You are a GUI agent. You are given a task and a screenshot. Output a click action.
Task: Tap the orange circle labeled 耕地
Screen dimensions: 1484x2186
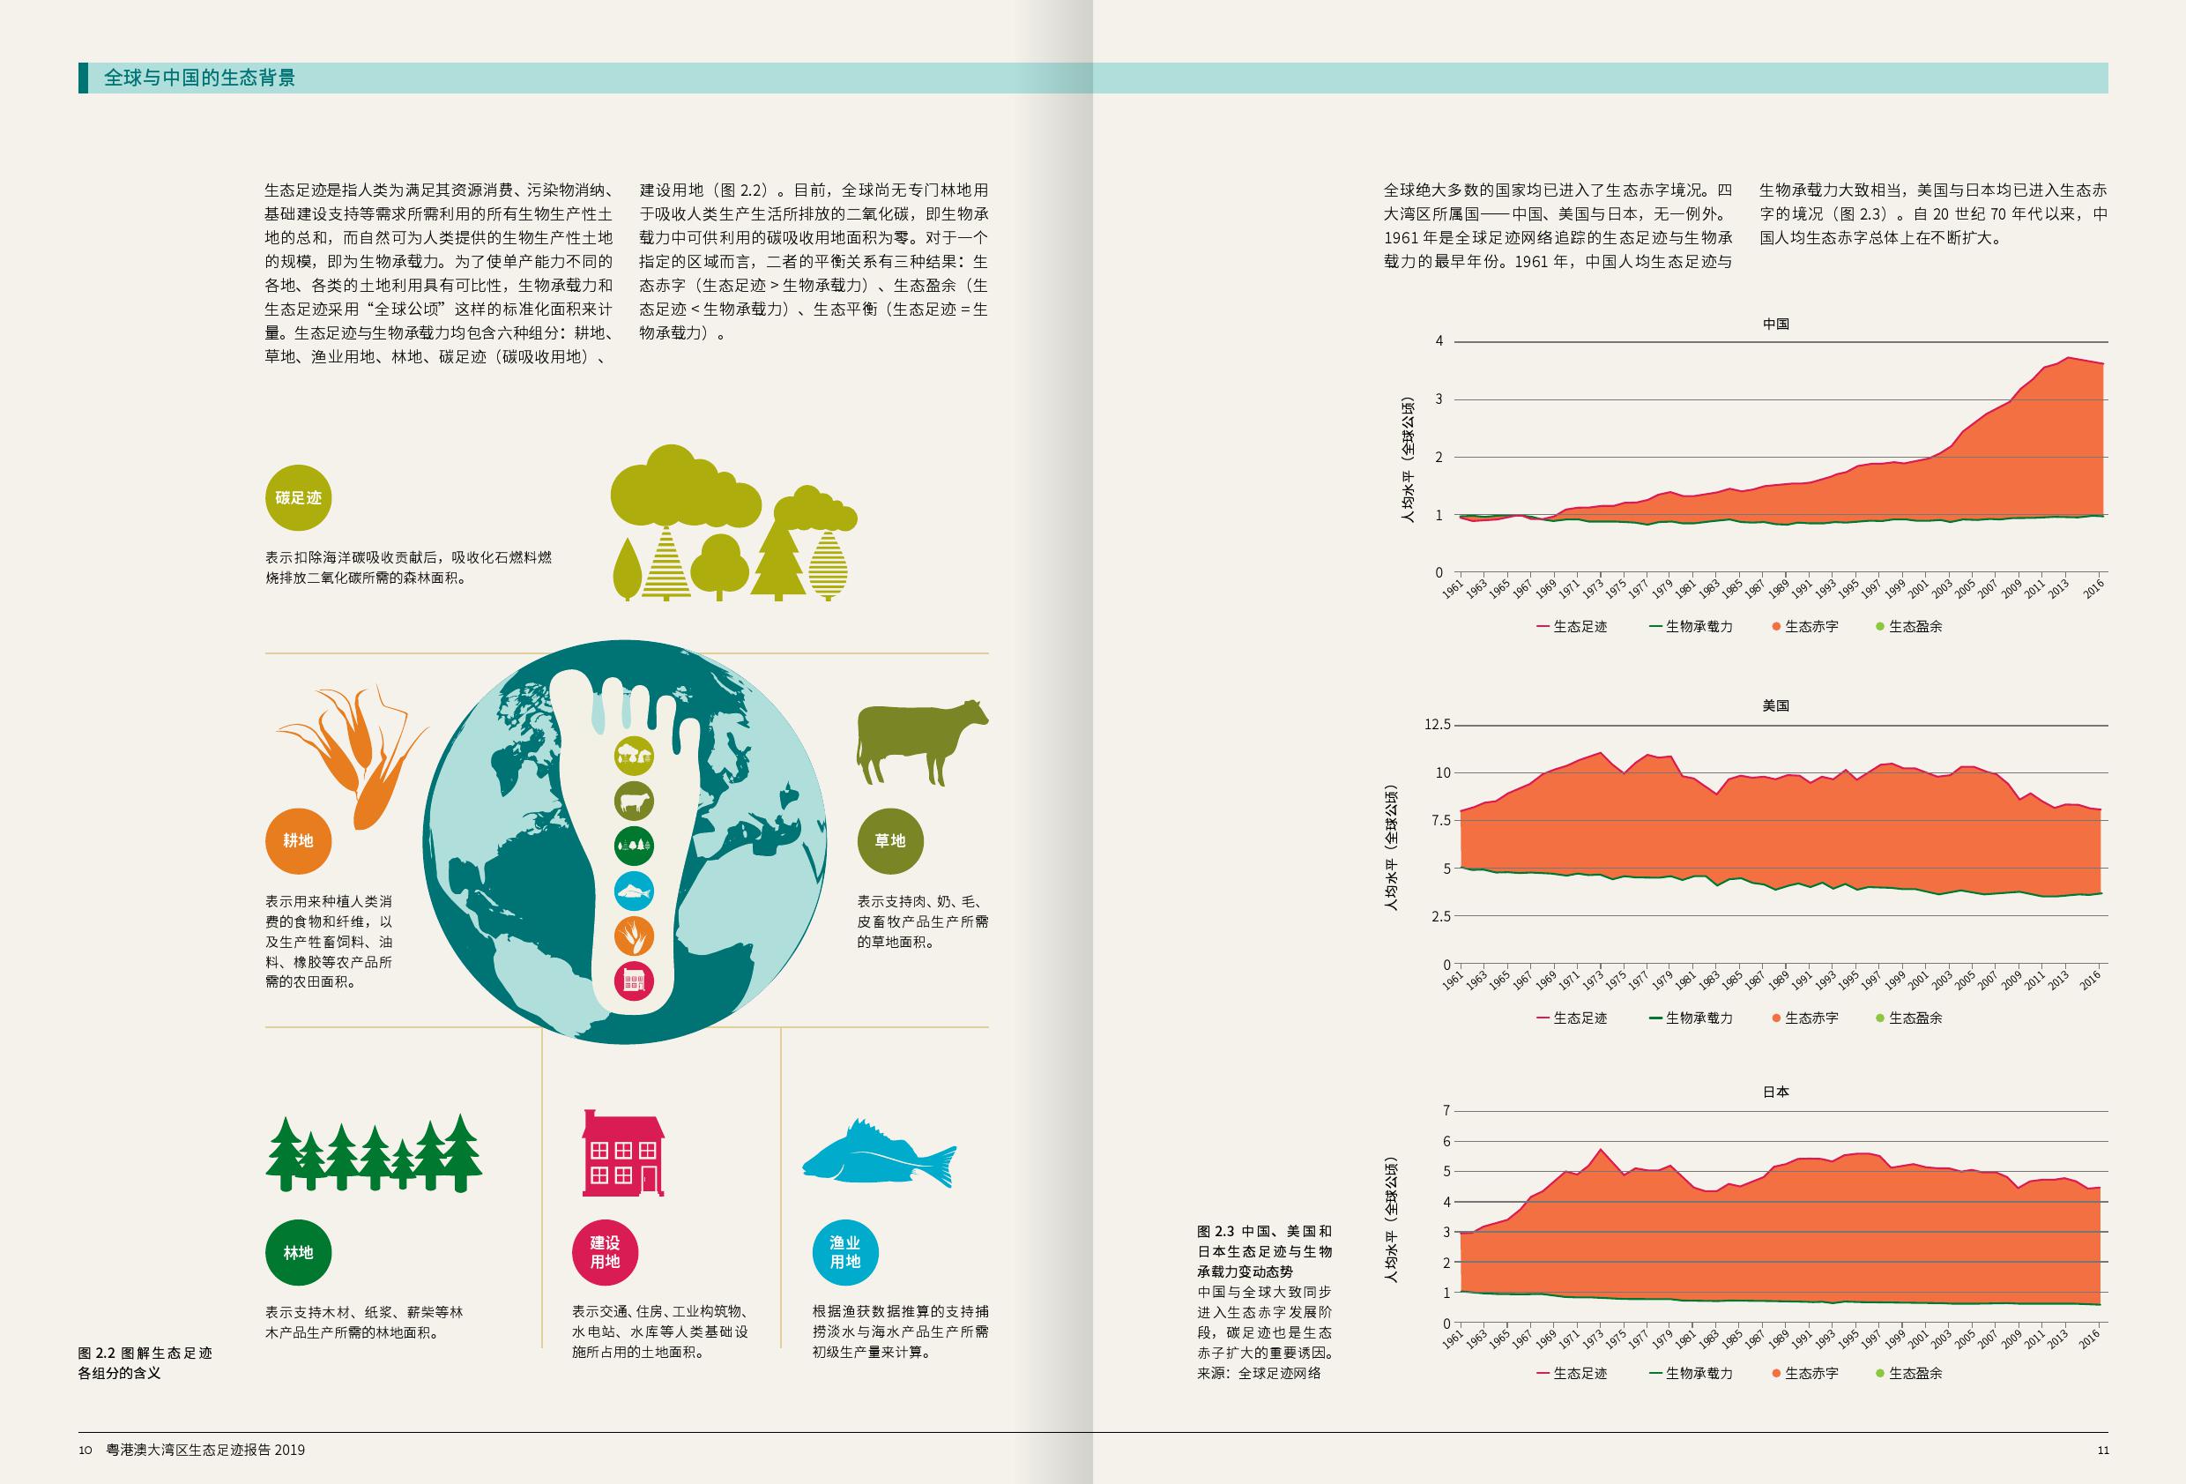pos(298,840)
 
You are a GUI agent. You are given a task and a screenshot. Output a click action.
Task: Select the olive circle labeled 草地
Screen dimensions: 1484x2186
pos(890,840)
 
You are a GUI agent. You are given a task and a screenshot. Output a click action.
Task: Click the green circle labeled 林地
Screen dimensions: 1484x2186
pos(298,1252)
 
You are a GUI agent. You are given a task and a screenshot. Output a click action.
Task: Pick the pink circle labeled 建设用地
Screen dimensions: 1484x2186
pos(605,1252)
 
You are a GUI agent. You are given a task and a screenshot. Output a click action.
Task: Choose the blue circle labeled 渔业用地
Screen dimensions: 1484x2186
pos(844,1252)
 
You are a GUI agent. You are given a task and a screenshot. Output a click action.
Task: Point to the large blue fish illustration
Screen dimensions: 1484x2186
pos(878,1154)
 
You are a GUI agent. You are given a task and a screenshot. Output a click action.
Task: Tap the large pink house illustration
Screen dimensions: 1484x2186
pos(622,1152)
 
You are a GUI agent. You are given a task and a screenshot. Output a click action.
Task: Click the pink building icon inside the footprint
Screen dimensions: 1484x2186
pos(634,981)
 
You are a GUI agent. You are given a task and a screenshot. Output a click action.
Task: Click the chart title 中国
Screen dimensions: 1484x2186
pos(1776,324)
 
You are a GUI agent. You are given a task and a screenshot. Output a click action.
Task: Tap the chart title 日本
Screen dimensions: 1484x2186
pos(1776,1092)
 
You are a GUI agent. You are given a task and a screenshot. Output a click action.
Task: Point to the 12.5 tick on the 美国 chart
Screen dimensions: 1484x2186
pos(1438,725)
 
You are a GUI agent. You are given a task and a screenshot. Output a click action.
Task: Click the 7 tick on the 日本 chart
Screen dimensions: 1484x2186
pos(1446,1110)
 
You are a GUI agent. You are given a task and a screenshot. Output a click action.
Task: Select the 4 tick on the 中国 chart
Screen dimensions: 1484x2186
pos(1439,340)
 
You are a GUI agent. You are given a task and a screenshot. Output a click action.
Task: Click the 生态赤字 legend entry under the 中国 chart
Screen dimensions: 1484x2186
pos(1805,627)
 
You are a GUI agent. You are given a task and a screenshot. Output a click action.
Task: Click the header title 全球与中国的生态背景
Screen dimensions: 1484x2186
pos(199,78)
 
